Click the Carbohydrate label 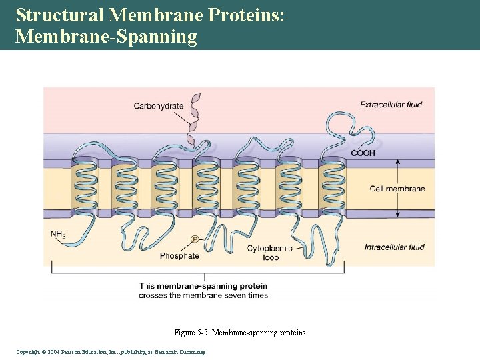158,106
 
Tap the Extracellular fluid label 391,105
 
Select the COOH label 363,153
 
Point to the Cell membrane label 397,189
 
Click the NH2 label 58,234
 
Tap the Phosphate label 179,256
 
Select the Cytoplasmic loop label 270,253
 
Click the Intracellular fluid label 394,247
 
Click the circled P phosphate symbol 195,239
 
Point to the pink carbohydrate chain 195,120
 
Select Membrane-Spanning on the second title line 106,36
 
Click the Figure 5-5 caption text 239,333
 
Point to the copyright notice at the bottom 111,351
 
